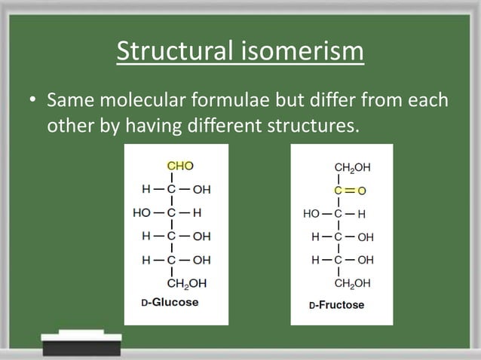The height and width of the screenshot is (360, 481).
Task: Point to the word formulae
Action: pos(239,100)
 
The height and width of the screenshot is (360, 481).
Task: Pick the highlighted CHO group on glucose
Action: pos(179,166)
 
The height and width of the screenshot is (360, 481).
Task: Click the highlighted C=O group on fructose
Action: pos(350,191)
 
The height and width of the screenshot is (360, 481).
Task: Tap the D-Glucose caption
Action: pos(170,302)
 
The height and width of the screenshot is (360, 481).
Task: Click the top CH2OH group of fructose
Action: pos(352,167)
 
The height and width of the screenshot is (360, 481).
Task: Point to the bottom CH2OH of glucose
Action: pos(186,284)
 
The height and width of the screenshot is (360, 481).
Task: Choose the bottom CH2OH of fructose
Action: pos(352,283)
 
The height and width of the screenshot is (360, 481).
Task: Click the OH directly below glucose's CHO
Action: pos(201,190)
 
